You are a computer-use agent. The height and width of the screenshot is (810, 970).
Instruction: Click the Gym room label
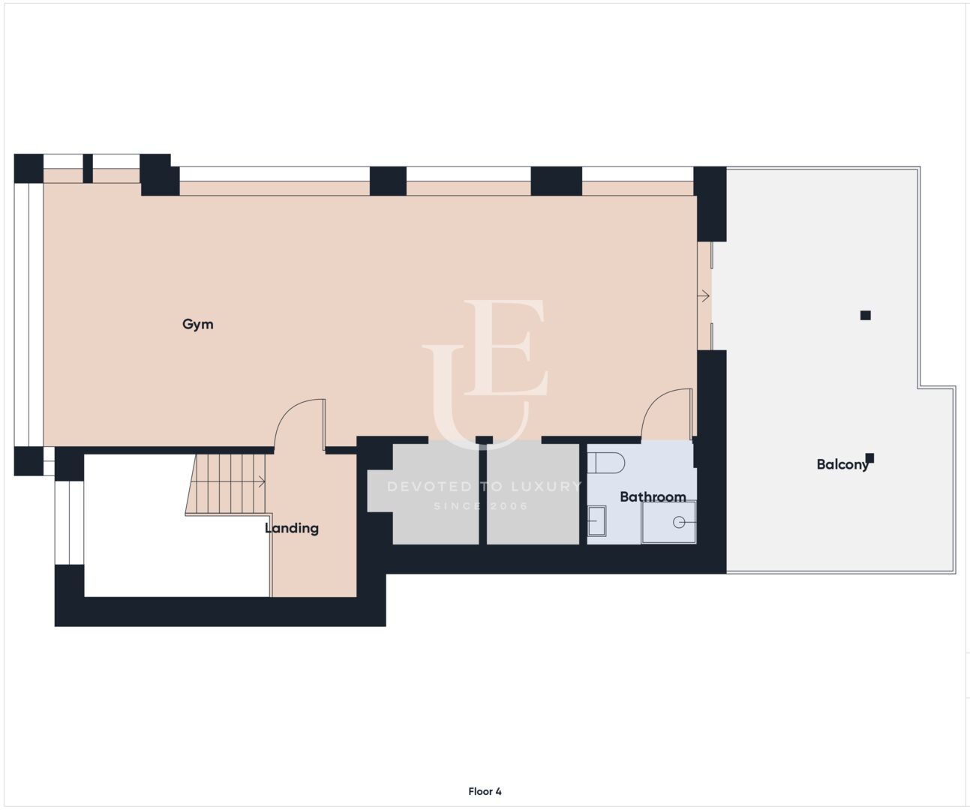pos(198,324)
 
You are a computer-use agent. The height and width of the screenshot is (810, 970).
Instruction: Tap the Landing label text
pos(292,528)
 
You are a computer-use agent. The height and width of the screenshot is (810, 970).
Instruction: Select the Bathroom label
pos(653,496)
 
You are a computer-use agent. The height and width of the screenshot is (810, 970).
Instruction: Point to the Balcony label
pos(842,464)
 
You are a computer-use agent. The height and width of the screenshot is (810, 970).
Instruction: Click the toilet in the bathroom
pos(606,463)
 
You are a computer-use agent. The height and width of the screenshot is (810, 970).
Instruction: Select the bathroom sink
pos(596,521)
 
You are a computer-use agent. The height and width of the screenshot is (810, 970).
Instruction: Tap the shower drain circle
pos(678,523)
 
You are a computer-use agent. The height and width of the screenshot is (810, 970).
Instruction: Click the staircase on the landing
pos(226,484)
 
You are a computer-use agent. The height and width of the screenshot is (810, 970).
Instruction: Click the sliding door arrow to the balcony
pos(704,295)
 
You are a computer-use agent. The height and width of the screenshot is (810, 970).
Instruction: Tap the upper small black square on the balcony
pos(865,315)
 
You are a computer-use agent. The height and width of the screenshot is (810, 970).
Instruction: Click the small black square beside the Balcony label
pos(870,458)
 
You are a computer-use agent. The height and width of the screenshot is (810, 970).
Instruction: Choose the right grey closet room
pos(533,493)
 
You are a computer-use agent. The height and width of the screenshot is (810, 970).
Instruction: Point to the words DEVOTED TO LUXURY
pos(485,486)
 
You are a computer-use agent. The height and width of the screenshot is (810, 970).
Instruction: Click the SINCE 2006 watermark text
pos(482,505)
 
